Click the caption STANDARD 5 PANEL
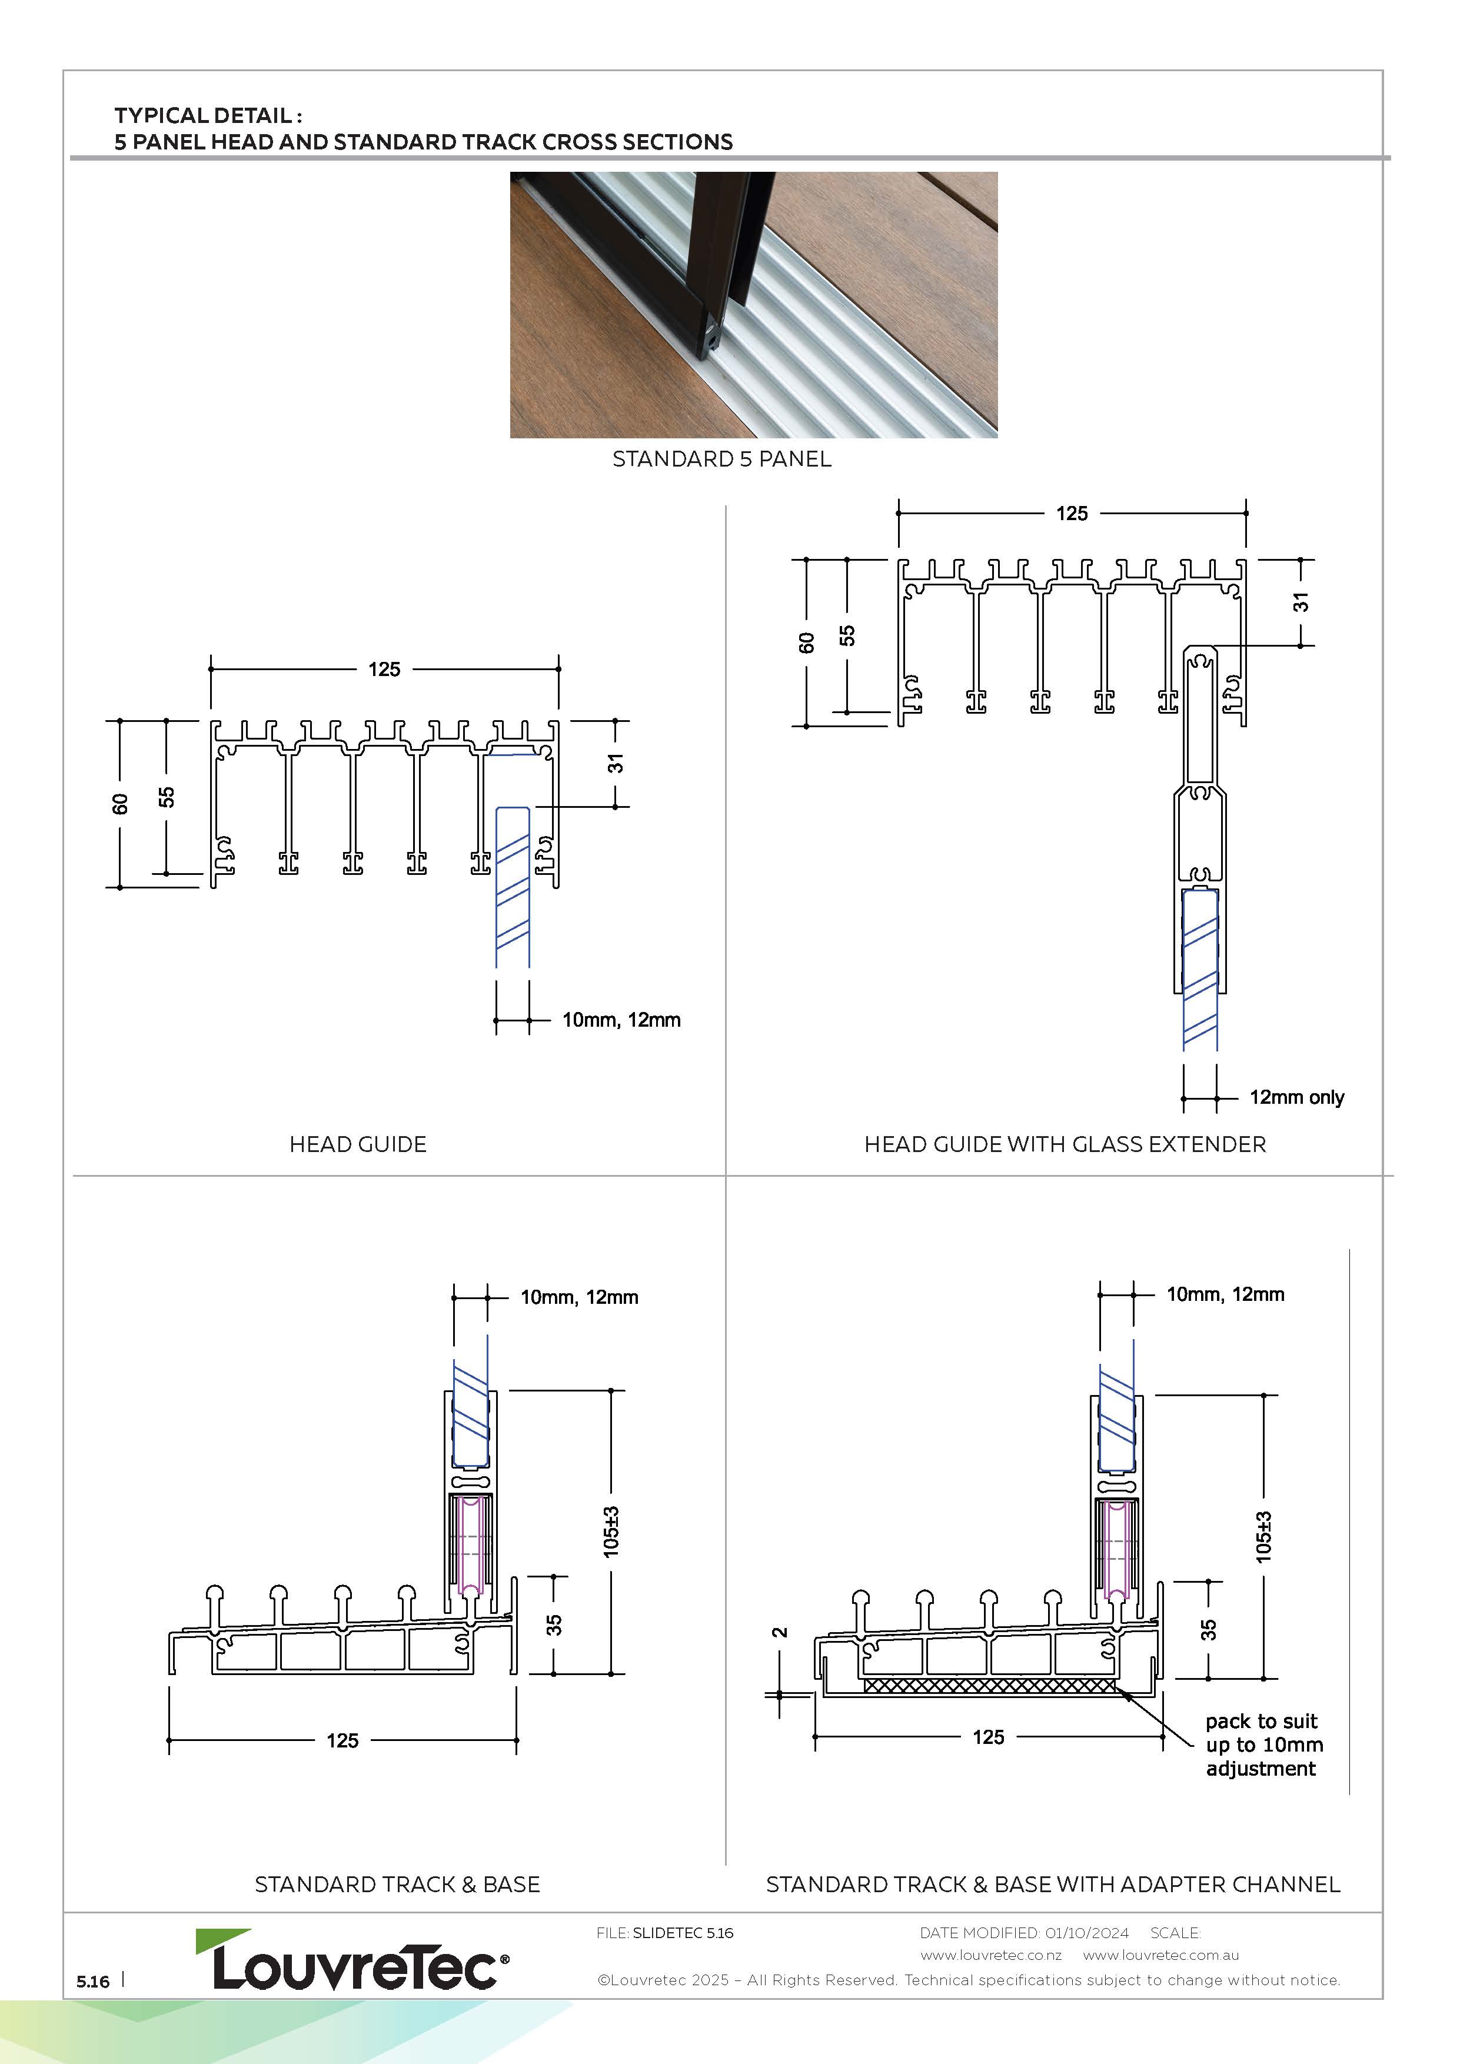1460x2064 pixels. (x=722, y=460)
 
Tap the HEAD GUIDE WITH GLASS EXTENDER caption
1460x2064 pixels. (x=1065, y=1144)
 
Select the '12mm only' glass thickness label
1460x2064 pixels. (x=1296, y=1098)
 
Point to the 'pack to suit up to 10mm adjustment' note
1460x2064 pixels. (x=1264, y=1745)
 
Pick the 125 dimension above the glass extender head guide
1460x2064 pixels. (x=1072, y=513)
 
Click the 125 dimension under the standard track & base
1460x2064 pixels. (x=342, y=1740)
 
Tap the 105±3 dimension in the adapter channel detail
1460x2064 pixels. (x=1263, y=1536)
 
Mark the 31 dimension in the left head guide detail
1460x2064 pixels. (x=615, y=763)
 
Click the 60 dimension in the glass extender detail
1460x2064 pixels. (x=806, y=642)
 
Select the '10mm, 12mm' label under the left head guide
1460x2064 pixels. (x=621, y=1020)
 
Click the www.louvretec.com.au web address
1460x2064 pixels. (x=1160, y=1955)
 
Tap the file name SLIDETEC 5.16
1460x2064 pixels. (x=683, y=1933)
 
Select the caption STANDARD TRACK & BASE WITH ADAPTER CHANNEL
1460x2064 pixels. (x=1053, y=1884)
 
